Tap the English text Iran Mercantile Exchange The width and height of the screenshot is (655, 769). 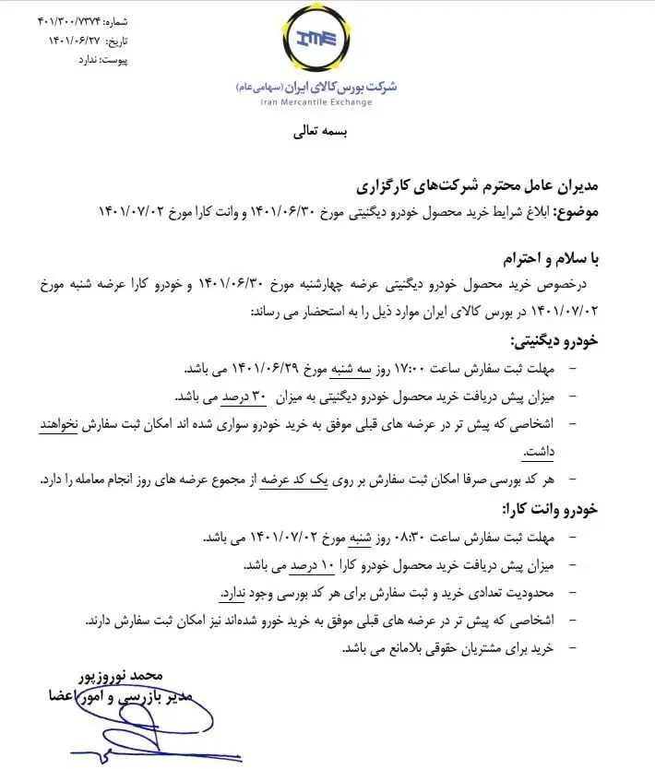317,101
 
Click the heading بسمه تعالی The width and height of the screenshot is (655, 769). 317,131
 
